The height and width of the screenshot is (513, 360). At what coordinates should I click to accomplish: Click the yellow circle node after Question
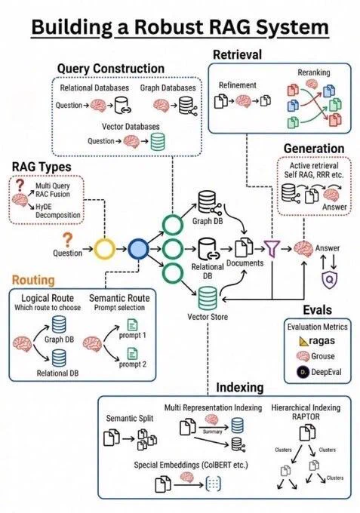105,249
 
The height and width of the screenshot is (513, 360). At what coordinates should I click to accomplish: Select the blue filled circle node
138,249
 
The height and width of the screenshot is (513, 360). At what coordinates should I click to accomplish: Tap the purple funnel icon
272,248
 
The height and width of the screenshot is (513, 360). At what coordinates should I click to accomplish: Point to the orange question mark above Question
67,240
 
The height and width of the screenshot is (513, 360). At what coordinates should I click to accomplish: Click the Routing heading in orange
33,280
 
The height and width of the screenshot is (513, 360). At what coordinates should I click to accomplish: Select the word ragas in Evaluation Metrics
322,340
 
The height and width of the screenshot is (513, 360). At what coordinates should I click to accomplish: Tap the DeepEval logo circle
303,372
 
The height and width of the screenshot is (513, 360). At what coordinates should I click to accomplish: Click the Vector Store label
208,317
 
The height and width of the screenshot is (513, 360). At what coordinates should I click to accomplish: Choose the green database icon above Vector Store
208,298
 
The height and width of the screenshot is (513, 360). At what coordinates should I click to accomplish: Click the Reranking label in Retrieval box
314,72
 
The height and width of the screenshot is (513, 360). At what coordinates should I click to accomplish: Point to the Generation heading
314,149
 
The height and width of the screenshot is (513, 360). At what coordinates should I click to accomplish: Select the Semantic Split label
130,419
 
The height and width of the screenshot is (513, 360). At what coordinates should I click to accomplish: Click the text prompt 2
133,364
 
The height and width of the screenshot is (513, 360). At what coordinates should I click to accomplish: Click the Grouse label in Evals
323,356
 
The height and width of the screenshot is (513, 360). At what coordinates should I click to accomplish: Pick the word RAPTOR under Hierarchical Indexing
306,416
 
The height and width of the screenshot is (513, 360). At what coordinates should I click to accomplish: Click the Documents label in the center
245,263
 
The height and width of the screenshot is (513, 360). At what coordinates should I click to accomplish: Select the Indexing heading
240,387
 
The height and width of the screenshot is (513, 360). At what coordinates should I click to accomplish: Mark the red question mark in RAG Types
20,185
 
